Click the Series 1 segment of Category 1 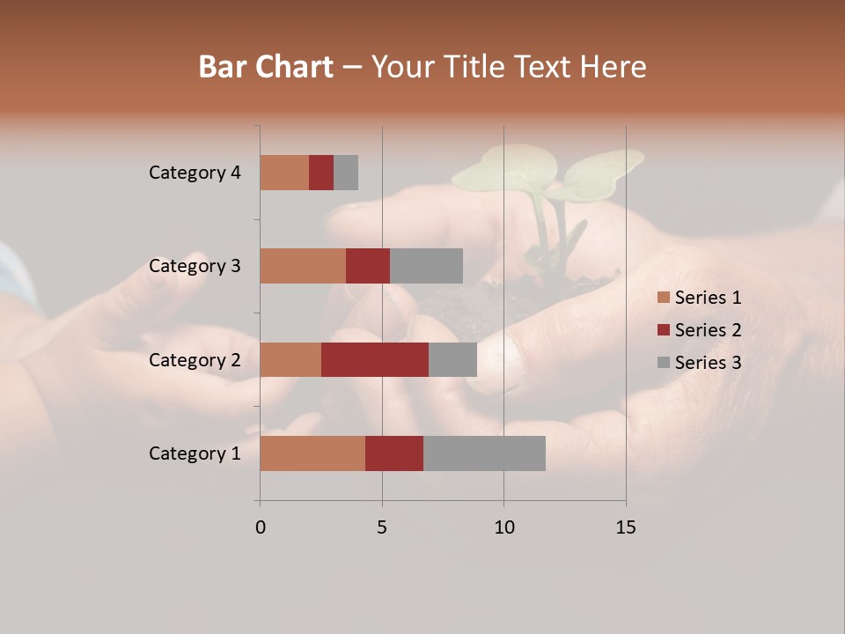click(x=312, y=453)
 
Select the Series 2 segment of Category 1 click(x=394, y=453)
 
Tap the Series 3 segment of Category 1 click(x=484, y=453)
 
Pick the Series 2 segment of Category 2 click(x=375, y=359)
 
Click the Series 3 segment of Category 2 click(x=452, y=359)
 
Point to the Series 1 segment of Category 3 click(x=303, y=266)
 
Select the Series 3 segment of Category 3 click(x=426, y=266)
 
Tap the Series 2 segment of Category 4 click(x=321, y=173)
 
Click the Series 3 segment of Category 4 click(x=346, y=173)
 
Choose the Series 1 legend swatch click(x=664, y=298)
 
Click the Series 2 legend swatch click(x=664, y=330)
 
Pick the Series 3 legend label click(x=708, y=363)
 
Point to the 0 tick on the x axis click(x=261, y=527)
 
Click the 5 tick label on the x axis click(x=382, y=527)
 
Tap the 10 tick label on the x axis click(x=503, y=527)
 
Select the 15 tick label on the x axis click(x=625, y=527)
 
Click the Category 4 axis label click(x=195, y=173)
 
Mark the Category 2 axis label click(x=195, y=359)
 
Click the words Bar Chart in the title click(x=266, y=67)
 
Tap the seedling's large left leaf click(x=504, y=168)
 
